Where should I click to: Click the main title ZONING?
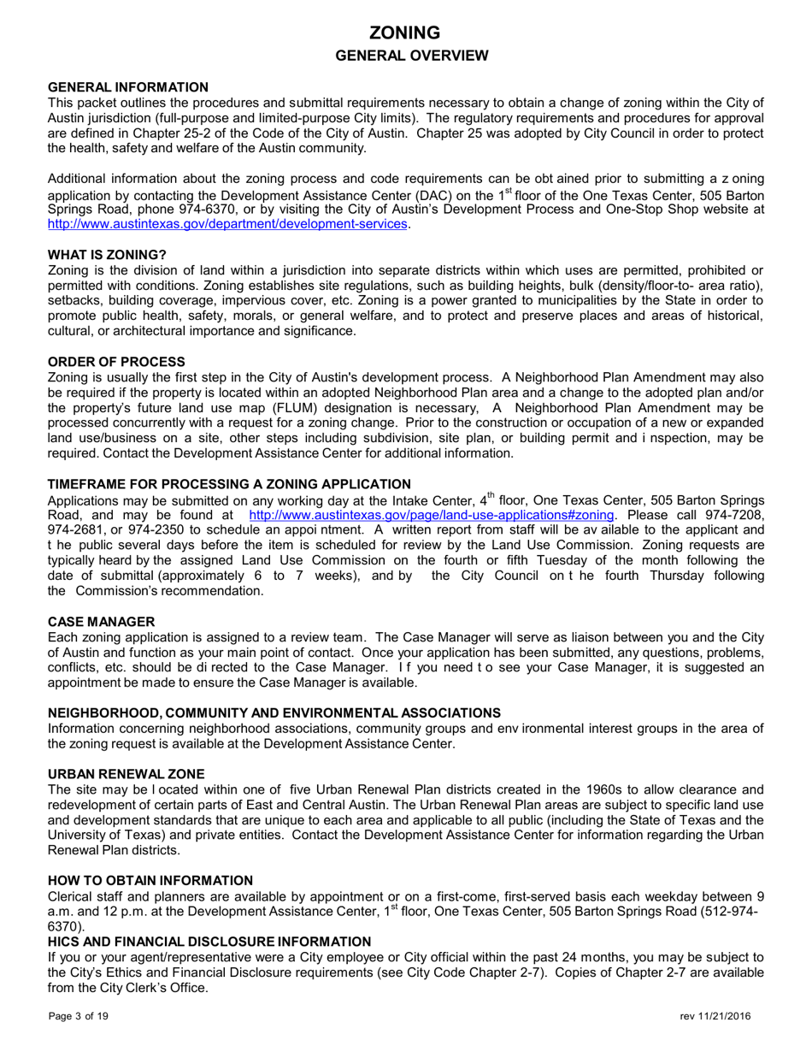point(405,33)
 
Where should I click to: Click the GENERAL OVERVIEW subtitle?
point(405,56)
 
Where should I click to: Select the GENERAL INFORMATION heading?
point(128,87)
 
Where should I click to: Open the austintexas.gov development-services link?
point(227,224)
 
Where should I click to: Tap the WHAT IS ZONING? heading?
point(107,255)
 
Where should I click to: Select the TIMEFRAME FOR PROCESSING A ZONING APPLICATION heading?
point(230,484)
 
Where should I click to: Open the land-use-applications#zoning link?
point(431,516)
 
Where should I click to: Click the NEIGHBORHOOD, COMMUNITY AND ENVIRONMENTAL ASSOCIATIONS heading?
point(274,712)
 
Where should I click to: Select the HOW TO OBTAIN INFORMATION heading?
point(150,880)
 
